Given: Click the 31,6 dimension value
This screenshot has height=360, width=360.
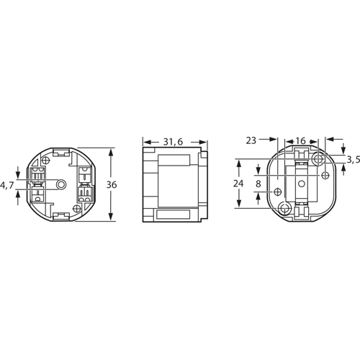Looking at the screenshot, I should click(x=173, y=142).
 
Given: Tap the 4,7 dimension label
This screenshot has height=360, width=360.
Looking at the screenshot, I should click(x=7, y=185).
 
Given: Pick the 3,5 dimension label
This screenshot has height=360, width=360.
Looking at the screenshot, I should click(x=353, y=158).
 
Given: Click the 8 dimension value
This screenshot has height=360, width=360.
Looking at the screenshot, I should click(x=259, y=184).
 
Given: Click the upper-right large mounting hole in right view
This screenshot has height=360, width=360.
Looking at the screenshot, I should click(x=317, y=158).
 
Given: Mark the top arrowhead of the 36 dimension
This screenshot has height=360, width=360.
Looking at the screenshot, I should click(x=110, y=153).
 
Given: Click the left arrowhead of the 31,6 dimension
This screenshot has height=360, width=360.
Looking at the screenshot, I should click(x=145, y=142).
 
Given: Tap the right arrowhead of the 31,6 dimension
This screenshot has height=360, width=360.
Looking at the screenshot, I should click(x=211, y=142).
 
